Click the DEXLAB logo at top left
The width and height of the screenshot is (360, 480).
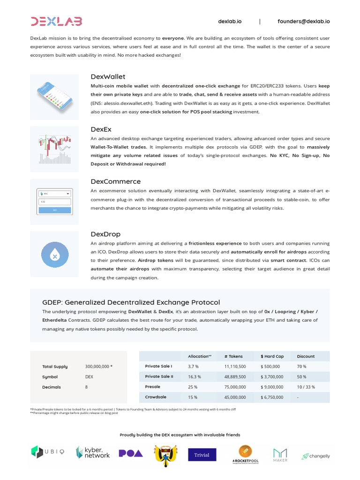click(56, 21)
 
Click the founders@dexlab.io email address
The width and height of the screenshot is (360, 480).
click(303, 21)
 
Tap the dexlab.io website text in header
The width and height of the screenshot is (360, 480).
click(230, 21)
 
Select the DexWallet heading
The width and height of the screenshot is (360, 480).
click(108, 76)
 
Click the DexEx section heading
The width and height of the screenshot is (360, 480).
click(101, 129)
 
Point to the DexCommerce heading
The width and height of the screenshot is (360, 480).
click(115, 181)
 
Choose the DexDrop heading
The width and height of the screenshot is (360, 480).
click(105, 234)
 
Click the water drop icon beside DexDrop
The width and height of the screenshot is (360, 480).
click(54, 255)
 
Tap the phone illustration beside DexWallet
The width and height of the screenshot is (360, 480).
click(54, 97)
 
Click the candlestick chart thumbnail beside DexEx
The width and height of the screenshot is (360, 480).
click(54, 149)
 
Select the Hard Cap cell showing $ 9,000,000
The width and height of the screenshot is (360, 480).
click(272, 387)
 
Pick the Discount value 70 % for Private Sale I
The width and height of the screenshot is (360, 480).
click(301, 367)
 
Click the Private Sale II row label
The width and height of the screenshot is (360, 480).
click(159, 376)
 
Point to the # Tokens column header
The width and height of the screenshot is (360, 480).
click(233, 356)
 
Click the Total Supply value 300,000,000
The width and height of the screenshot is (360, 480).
click(98, 367)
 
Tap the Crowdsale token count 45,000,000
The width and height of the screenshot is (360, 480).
click(235, 397)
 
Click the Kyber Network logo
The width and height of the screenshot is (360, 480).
click(92, 452)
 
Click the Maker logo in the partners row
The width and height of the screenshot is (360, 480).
click(280, 455)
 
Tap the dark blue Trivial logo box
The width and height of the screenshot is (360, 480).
click(202, 455)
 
